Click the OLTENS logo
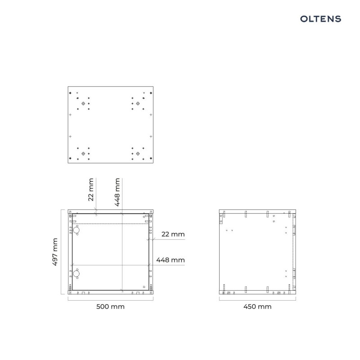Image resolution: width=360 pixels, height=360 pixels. pos(320,18)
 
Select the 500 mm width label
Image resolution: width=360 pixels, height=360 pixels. pos(110,306)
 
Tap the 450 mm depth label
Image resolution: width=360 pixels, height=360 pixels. pos(257,306)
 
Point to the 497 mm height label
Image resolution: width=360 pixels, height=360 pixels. pos(55,252)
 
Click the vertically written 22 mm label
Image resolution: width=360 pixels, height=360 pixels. pos(91,189)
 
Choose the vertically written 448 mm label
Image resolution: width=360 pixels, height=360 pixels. pos(117,192)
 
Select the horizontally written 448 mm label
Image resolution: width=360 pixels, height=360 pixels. pos(170,260)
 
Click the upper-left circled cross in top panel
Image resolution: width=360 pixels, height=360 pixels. pos(83,103)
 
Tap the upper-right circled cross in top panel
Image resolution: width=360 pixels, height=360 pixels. pos(138,103)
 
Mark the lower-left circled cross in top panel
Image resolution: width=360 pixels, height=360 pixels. pos(83,153)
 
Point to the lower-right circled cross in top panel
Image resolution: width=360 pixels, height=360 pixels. pos(138,153)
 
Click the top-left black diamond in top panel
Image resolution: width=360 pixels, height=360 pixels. pos(71,93)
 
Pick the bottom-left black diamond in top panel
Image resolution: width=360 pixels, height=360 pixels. pos(71,159)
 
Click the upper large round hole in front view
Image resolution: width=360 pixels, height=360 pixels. pos(76,230)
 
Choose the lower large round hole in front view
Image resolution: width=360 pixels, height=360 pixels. pos(76,274)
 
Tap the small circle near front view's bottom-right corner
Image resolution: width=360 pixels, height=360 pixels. pos(144,287)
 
